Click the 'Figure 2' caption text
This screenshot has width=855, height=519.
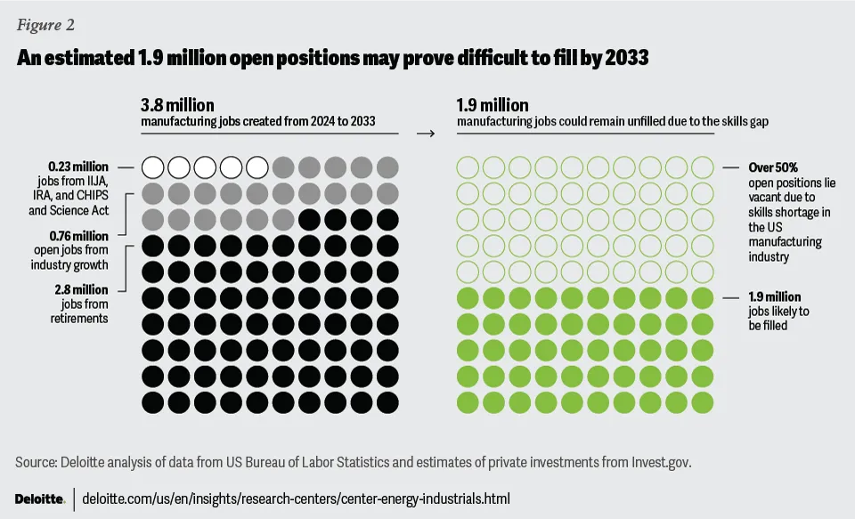[45, 24]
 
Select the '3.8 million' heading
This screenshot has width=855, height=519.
[177, 106]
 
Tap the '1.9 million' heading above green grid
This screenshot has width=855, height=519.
[493, 106]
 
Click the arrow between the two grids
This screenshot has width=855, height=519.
[426, 134]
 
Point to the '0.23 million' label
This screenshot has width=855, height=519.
[78, 166]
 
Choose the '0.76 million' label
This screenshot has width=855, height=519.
[78, 236]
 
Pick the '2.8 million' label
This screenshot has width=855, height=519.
[82, 290]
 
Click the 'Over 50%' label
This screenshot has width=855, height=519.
[773, 166]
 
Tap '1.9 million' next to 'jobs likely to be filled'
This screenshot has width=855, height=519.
[774, 296]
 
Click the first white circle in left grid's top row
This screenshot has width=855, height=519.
[153, 166]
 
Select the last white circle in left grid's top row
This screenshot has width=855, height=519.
[257, 166]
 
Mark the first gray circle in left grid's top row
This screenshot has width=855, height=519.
[283, 166]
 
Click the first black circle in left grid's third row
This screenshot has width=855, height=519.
[309, 218]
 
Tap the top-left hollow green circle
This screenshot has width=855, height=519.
[467, 166]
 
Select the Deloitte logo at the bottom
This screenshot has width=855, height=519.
[39, 499]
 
